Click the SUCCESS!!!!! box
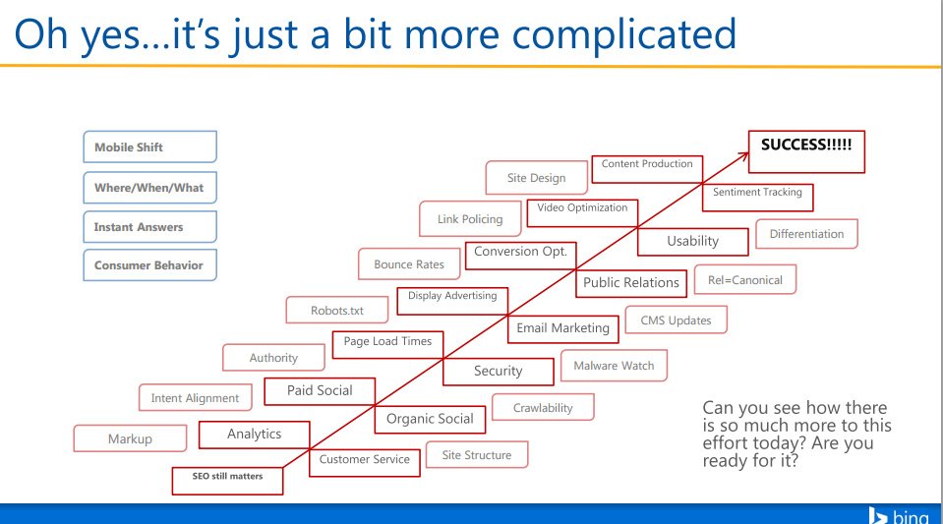pos(806,151)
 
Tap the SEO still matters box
pos(226,479)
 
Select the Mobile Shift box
pos(149,147)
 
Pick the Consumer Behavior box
pos(149,265)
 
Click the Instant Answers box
pos(149,226)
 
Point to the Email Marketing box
pos(562,328)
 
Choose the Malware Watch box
pos(614,366)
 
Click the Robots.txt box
pos(337,311)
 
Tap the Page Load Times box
pos(387,342)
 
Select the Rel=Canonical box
pos(744,280)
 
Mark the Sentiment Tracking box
pos(757,194)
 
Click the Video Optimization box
pos(582,209)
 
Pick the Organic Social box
pos(430,419)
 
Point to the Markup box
pos(130,439)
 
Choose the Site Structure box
pos(476,455)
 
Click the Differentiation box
pos(806,234)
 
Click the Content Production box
pos(646,165)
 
